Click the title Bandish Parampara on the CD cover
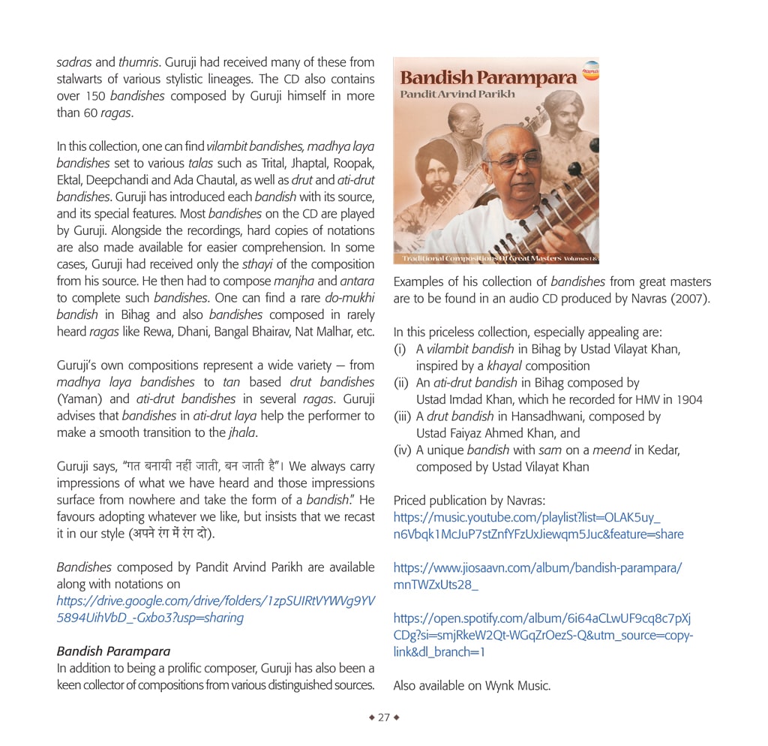488,78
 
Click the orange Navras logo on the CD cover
591,71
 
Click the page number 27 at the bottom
384,717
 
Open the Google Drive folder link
216,609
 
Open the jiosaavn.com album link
537,576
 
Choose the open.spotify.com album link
542,635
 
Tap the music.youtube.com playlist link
538,526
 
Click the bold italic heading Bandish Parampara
113,651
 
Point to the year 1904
688,400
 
